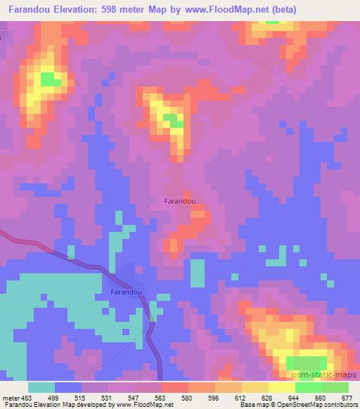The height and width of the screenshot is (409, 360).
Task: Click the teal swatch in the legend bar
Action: click(x=41, y=387)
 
